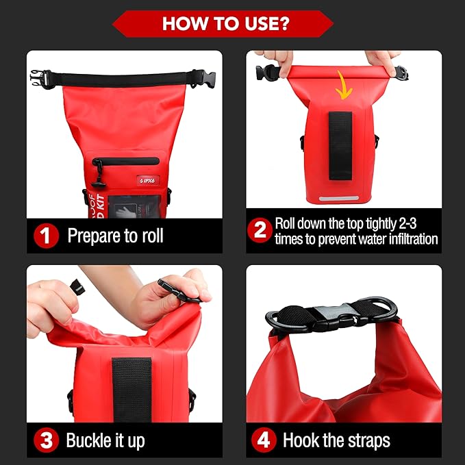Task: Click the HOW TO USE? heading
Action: click(x=225, y=23)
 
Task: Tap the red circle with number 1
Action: click(x=46, y=236)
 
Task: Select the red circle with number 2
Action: click(x=260, y=231)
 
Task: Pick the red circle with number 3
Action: click(x=46, y=440)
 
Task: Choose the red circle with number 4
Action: click(x=263, y=440)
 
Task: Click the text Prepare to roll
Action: click(x=115, y=236)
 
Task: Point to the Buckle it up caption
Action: click(x=105, y=440)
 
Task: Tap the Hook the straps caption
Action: click(x=336, y=440)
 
